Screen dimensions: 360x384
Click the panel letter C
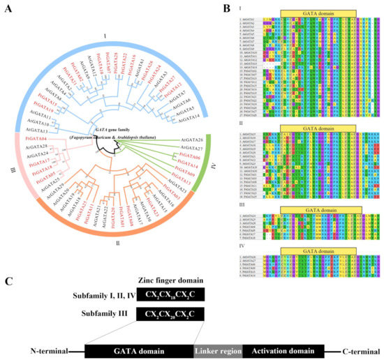(8, 283)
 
